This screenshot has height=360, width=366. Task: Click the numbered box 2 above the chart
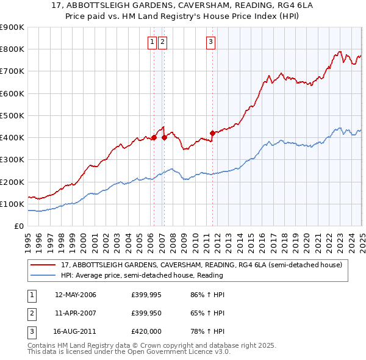(163, 42)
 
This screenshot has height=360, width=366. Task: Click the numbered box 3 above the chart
(210, 42)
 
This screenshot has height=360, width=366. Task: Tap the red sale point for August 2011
(212, 132)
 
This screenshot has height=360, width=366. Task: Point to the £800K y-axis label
(12, 49)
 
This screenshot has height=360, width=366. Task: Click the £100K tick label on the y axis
(12, 204)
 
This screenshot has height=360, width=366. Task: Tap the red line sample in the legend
(43, 265)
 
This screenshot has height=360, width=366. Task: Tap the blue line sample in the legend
(43, 275)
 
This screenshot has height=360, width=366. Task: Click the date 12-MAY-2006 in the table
(76, 295)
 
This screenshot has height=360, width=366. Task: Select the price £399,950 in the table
(146, 313)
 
